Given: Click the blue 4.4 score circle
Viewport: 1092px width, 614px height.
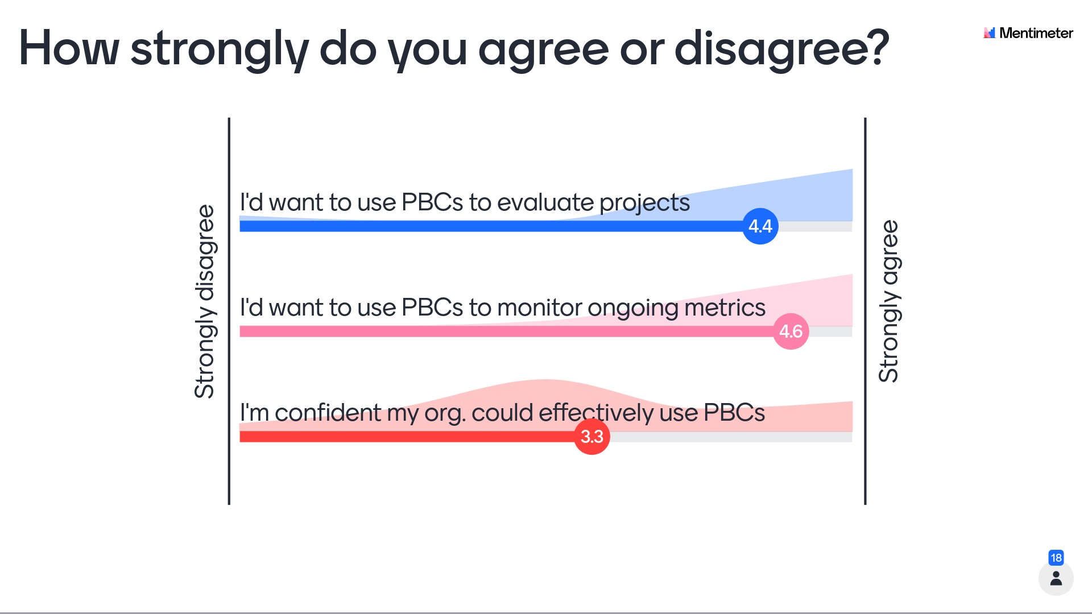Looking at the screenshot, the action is (760, 226).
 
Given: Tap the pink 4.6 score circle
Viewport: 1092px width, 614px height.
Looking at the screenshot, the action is (791, 331).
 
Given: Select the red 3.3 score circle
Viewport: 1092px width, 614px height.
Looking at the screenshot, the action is (592, 437).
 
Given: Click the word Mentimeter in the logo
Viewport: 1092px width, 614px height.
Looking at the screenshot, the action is (1036, 33).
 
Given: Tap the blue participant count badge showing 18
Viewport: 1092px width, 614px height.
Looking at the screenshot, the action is (1056, 558).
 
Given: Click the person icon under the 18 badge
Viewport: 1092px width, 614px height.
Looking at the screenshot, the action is (1056, 579).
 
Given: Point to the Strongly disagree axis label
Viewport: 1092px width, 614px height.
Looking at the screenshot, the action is (205, 301).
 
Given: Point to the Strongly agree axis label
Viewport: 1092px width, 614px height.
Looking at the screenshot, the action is (889, 301).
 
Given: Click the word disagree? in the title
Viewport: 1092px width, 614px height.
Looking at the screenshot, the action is (782, 49).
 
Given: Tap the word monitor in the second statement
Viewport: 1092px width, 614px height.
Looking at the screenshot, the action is (540, 308).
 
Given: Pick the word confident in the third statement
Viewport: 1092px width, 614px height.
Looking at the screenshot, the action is (328, 413).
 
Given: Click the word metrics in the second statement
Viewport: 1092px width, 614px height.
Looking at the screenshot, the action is (725, 308).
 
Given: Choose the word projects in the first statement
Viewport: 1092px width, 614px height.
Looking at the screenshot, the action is (645, 204).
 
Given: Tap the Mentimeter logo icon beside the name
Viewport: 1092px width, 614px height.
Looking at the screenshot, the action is (990, 33).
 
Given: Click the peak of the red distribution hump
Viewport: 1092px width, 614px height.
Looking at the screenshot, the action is (544, 380).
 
